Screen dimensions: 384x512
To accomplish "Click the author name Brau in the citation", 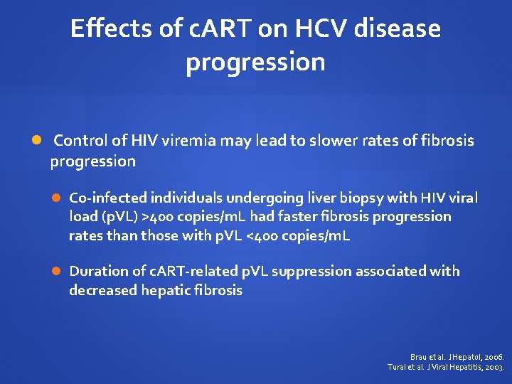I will pos(420,356).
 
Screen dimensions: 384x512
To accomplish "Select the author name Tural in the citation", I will pos(397,367).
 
